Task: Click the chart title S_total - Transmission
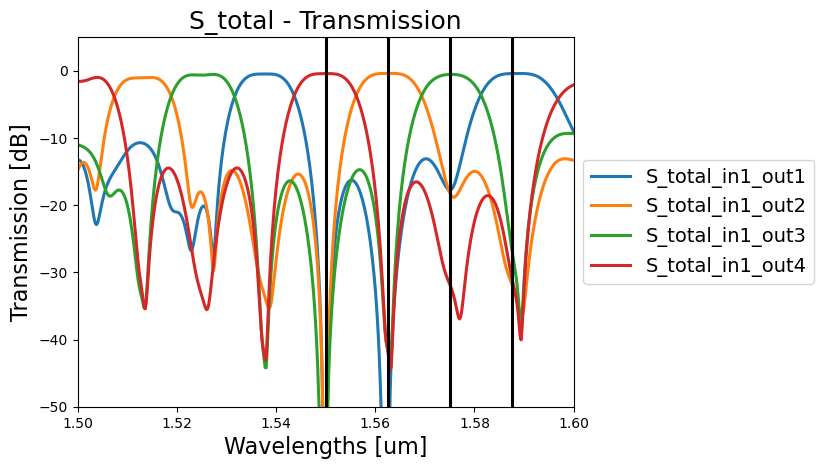(x=325, y=21)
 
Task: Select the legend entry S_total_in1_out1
(x=725, y=177)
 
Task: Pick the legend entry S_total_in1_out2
(x=725, y=206)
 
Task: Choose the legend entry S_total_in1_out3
(x=725, y=236)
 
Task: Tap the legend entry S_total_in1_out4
(x=725, y=266)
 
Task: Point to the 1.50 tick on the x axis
(x=78, y=423)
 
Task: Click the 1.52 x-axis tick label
(x=177, y=423)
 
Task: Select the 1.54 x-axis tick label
(x=276, y=423)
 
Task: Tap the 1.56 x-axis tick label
(x=376, y=423)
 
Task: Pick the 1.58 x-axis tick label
(x=475, y=423)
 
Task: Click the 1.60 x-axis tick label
(x=574, y=423)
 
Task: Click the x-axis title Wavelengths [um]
(x=325, y=446)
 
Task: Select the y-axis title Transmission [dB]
(x=20, y=222)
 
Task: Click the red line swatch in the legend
(x=612, y=266)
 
